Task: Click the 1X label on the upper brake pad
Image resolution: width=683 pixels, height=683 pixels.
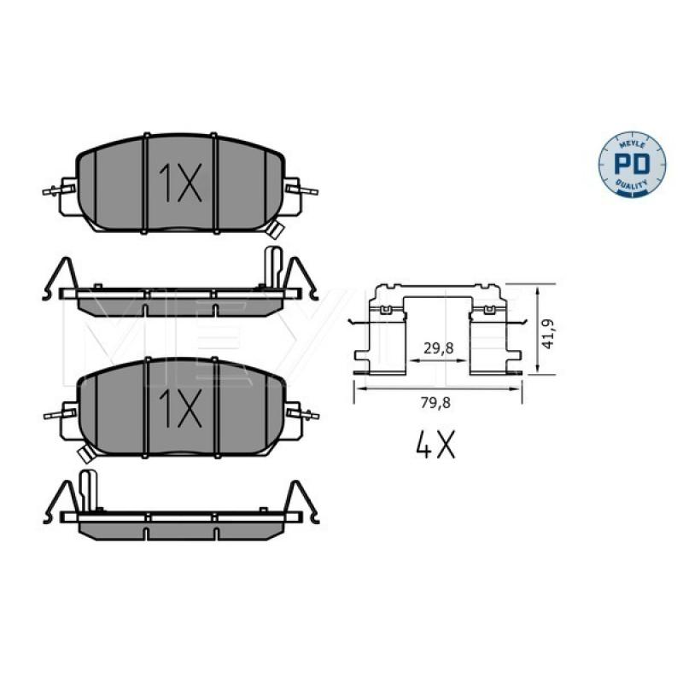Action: tap(180, 183)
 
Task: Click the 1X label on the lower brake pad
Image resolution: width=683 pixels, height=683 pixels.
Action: tap(180, 408)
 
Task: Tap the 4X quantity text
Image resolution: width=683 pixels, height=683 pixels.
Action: tap(435, 444)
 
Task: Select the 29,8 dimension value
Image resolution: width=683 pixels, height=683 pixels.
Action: tap(439, 348)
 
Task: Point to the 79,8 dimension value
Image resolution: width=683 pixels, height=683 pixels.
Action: tap(435, 403)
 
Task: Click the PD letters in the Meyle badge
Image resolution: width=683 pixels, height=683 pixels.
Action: tap(632, 163)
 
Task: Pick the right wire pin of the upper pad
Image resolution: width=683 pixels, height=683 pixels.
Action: tap(302, 190)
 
